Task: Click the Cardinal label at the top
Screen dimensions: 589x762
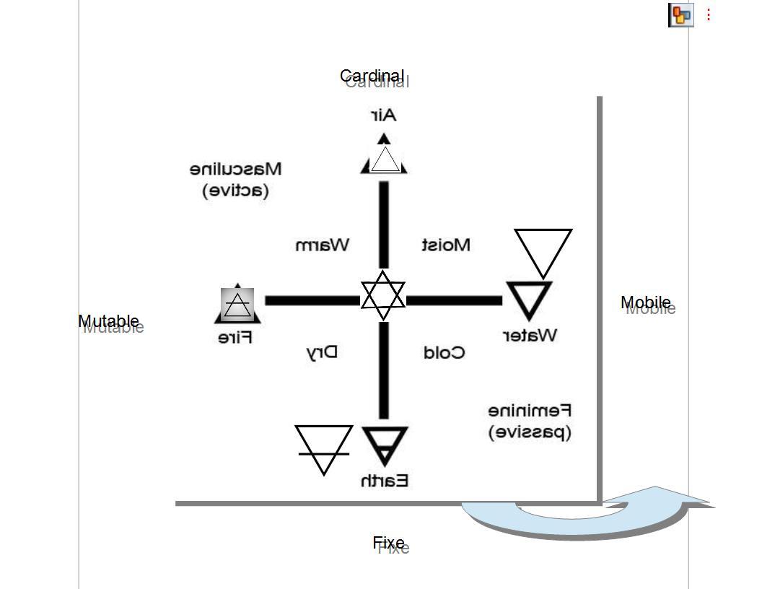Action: [x=372, y=76]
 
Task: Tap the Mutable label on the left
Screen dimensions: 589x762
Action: [x=108, y=321]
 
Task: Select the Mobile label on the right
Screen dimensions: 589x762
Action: [x=646, y=302]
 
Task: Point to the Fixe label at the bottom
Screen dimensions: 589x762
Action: [x=388, y=543]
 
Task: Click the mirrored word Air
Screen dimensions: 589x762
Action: [x=384, y=115]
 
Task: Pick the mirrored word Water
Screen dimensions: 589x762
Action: [x=530, y=335]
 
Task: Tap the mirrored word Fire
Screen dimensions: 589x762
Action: [x=235, y=337]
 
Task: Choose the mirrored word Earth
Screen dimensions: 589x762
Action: [x=385, y=480]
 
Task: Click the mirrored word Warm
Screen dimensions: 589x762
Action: [x=323, y=245]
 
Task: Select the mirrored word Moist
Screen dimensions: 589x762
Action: [x=446, y=245]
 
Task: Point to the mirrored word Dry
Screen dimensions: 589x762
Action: [x=322, y=352]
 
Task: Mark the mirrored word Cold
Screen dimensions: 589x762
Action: [x=444, y=352]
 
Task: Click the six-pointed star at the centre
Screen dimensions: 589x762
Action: [x=383, y=296]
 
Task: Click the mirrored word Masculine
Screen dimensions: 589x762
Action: [x=236, y=169]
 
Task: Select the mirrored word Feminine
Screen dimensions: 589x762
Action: [x=530, y=411]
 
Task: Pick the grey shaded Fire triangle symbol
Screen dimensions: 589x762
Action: [x=237, y=305]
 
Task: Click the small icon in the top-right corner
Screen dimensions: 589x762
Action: [x=681, y=14]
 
